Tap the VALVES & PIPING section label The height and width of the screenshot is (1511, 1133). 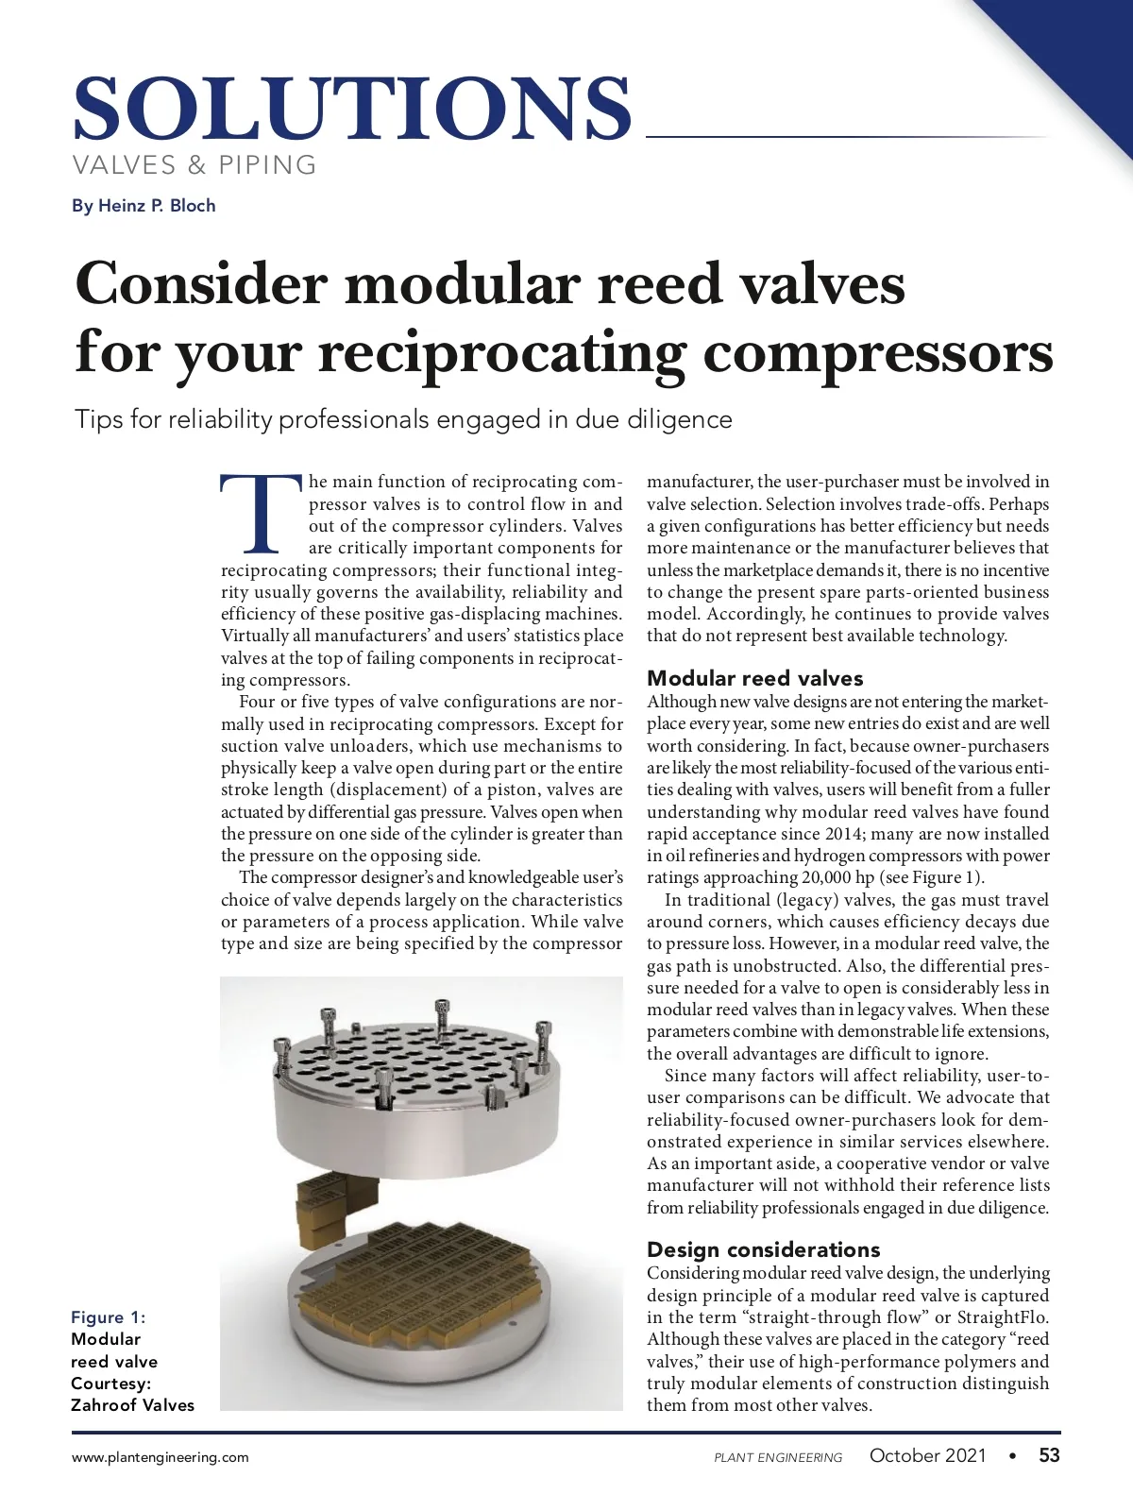point(194,165)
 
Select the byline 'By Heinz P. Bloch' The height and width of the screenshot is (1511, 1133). point(144,206)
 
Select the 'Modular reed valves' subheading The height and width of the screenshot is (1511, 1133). point(754,678)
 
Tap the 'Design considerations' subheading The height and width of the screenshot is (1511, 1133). point(763,1249)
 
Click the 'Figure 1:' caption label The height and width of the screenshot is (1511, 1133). point(109,1317)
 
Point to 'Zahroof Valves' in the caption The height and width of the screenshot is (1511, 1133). point(132,1405)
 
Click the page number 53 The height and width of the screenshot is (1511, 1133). point(1049,1455)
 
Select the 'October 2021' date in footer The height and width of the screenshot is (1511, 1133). point(927,1455)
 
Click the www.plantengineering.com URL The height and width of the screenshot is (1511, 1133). point(161,1457)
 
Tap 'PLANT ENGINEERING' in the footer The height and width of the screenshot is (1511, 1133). point(778,1458)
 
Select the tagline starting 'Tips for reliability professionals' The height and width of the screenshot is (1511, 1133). point(403,419)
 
